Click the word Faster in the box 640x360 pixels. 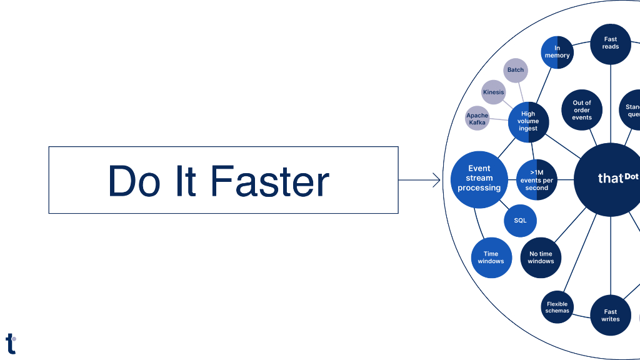coord(269,181)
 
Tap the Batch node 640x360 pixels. coord(516,70)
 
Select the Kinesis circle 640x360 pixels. coord(493,92)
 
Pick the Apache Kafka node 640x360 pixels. coord(477,119)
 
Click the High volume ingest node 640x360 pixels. coord(528,121)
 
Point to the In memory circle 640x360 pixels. coord(557,52)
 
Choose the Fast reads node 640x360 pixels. coord(611,43)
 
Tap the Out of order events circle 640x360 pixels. coord(582,110)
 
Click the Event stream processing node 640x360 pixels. coord(479,179)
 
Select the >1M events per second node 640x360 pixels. coord(536,181)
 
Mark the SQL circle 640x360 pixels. coord(520,221)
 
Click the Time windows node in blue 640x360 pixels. coord(491,257)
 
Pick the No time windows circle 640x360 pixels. coord(541,257)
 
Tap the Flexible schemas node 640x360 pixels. coord(557,307)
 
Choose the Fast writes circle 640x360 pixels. coord(611,315)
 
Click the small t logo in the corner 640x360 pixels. coord(11,343)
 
